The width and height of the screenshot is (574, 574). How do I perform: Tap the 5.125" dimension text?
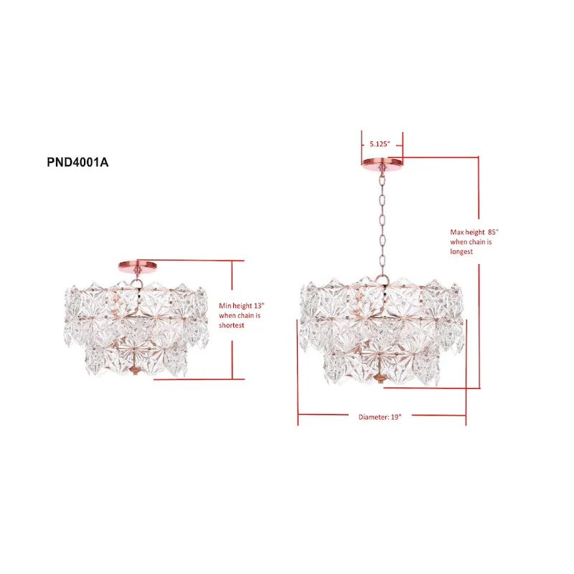pyautogui.click(x=380, y=143)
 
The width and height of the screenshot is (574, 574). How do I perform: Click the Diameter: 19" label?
pyautogui.click(x=380, y=416)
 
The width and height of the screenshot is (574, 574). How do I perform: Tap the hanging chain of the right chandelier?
pyautogui.click(x=381, y=222)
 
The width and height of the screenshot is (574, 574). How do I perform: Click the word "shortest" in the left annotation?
pyautogui.click(x=232, y=325)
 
